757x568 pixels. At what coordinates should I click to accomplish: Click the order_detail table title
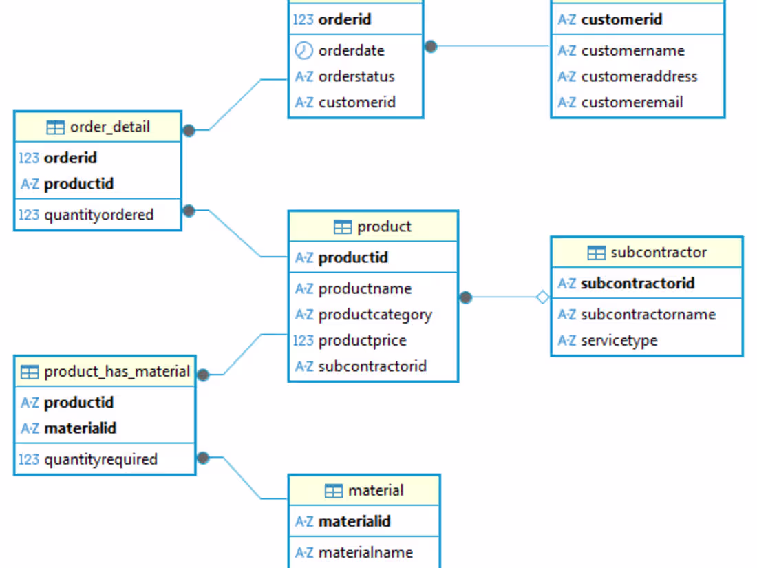click(109, 127)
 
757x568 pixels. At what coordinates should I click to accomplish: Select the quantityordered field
click(98, 215)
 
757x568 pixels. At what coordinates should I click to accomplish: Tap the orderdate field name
click(351, 51)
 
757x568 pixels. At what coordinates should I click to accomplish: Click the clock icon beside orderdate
click(303, 50)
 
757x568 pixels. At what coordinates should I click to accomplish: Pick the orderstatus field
click(356, 76)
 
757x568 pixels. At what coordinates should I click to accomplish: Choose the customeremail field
click(632, 103)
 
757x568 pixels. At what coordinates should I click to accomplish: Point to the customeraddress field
click(639, 76)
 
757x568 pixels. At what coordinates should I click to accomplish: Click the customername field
click(632, 51)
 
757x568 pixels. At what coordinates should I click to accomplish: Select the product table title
click(384, 227)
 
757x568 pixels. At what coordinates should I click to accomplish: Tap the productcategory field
click(375, 315)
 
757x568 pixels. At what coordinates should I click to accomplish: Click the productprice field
click(362, 340)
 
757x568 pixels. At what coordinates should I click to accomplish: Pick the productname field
click(365, 288)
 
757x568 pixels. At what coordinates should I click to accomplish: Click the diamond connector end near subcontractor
click(543, 297)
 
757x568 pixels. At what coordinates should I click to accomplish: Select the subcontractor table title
click(658, 253)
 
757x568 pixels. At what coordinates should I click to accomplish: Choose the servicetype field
click(619, 340)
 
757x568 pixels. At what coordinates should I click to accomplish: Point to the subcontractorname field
click(648, 315)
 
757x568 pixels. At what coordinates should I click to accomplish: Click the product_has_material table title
click(116, 372)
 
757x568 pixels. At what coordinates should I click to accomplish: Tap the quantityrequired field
click(100, 459)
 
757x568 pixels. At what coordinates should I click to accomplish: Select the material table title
click(375, 491)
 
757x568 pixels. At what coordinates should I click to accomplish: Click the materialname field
click(365, 552)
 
